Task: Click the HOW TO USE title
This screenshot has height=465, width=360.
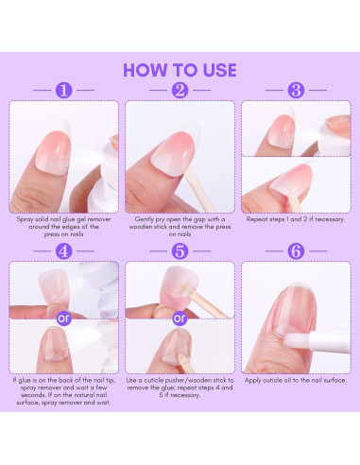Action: tap(180, 70)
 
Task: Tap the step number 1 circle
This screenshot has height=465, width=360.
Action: tap(63, 91)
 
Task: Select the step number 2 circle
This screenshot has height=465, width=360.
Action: tap(180, 91)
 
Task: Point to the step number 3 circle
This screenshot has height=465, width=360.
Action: tap(296, 91)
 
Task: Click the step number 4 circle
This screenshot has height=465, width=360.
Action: tap(63, 251)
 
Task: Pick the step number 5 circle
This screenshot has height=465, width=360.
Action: tap(180, 251)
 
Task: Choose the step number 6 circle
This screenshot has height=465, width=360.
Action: tap(296, 251)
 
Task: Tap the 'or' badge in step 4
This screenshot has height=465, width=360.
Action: tap(63, 319)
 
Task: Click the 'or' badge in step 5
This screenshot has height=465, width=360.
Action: tap(180, 319)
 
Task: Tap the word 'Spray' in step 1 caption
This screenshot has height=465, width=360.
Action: tap(24, 219)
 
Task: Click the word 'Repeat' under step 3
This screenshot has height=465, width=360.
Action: tap(256, 219)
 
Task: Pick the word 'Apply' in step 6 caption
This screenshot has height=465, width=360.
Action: tap(252, 381)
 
